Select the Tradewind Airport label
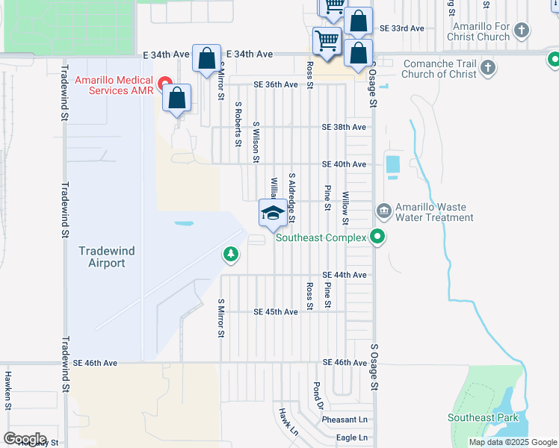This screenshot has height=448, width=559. (107, 257)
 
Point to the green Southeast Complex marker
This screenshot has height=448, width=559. (378, 238)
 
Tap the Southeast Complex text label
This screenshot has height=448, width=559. (321, 238)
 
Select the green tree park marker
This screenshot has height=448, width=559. (232, 255)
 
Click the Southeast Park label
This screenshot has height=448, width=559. (483, 417)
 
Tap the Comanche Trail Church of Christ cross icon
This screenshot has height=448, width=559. (487, 69)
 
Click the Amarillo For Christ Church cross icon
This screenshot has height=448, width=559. (522, 31)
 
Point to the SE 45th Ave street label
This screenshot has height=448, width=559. (277, 311)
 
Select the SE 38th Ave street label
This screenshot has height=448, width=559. (344, 127)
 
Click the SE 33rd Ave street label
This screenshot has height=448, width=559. (401, 28)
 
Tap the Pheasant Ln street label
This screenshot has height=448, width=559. (345, 420)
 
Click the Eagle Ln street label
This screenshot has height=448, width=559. (352, 438)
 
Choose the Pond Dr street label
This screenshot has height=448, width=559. (318, 396)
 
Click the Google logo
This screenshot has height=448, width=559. (24, 439)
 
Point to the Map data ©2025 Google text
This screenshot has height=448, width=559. (513, 442)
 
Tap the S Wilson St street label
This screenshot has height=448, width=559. (256, 143)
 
